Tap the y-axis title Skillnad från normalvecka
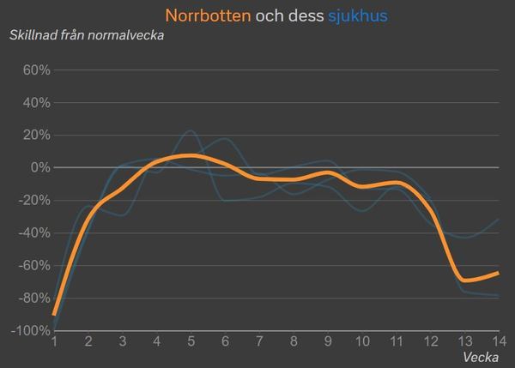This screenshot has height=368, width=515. (x=86, y=35)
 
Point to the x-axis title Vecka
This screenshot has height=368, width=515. (x=481, y=356)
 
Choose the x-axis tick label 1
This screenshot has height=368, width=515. (x=54, y=341)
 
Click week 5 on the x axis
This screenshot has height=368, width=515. (x=191, y=341)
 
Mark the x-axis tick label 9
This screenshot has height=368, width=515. (x=327, y=341)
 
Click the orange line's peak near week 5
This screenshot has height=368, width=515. (x=191, y=155)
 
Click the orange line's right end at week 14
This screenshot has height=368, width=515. (x=498, y=273)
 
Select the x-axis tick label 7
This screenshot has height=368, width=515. (x=259, y=341)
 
